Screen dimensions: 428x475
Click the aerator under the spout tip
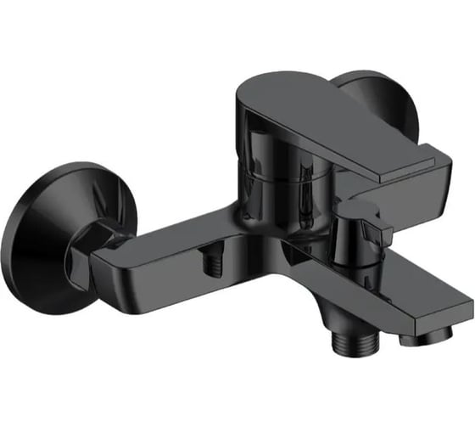415,336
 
